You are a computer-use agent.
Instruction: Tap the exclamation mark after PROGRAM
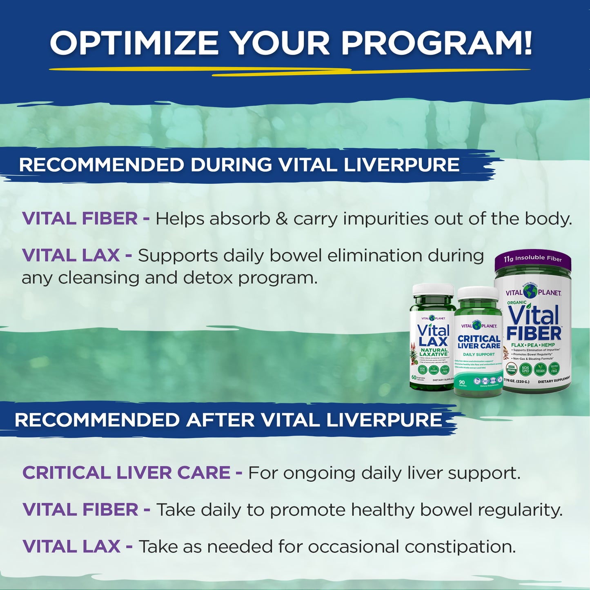point(527,43)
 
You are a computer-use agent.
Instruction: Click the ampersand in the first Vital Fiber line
point(282,219)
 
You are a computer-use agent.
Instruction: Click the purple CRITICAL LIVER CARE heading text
point(126,473)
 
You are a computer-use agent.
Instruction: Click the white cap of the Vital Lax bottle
point(433,290)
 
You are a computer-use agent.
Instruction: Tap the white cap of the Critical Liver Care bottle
point(478,293)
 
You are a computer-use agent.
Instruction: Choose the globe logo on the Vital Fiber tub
point(530,292)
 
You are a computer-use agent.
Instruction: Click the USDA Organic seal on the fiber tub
point(511,369)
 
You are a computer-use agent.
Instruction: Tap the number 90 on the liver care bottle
point(462,382)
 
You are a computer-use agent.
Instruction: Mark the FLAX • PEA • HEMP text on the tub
point(533,345)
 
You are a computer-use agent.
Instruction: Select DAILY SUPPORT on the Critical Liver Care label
point(479,354)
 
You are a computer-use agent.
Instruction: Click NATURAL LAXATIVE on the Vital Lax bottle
point(434,352)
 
